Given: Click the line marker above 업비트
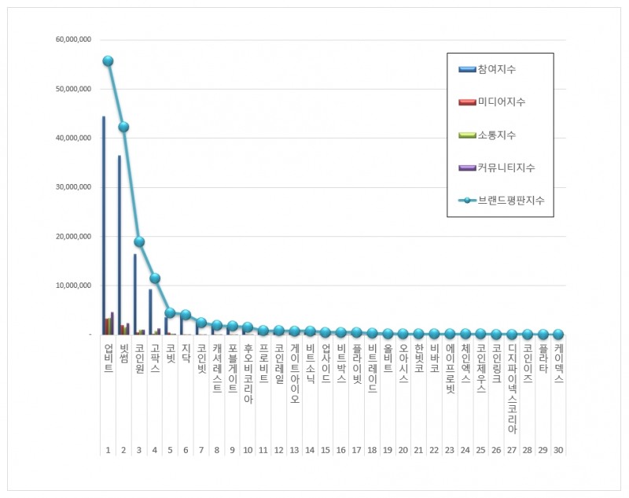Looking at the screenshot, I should coord(108,61).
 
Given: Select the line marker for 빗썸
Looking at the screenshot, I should coord(123,127).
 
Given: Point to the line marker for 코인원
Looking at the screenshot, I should coord(139,242).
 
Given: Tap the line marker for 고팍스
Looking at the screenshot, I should coord(155,278).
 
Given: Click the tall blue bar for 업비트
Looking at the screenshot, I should coord(104,228).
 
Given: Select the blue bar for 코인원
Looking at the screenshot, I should coord(134,295).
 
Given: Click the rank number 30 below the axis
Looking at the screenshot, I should coord(558,449).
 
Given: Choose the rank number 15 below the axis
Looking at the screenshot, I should coord(326,449).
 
